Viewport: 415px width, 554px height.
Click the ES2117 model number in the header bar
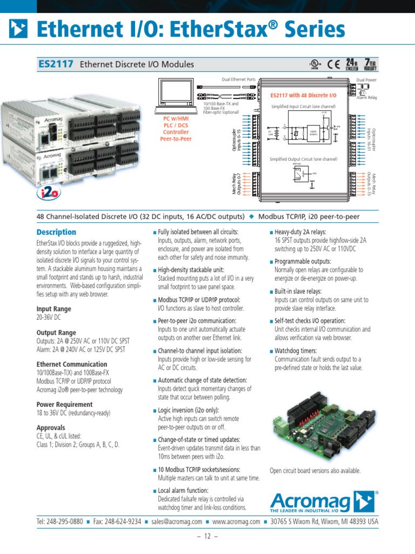pos(56,64)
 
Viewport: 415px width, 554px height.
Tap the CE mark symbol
pos(333,64)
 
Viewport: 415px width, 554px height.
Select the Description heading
pos(56,232)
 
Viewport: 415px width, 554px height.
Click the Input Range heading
pos(53,309)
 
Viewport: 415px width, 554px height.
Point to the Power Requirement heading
pos(64,404)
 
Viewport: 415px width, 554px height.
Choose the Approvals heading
pos(51,427)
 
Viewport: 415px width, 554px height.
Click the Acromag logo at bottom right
pos(323,502)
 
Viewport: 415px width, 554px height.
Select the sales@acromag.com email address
pos(177,522)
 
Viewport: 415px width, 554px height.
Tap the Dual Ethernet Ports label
pos(238,80)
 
